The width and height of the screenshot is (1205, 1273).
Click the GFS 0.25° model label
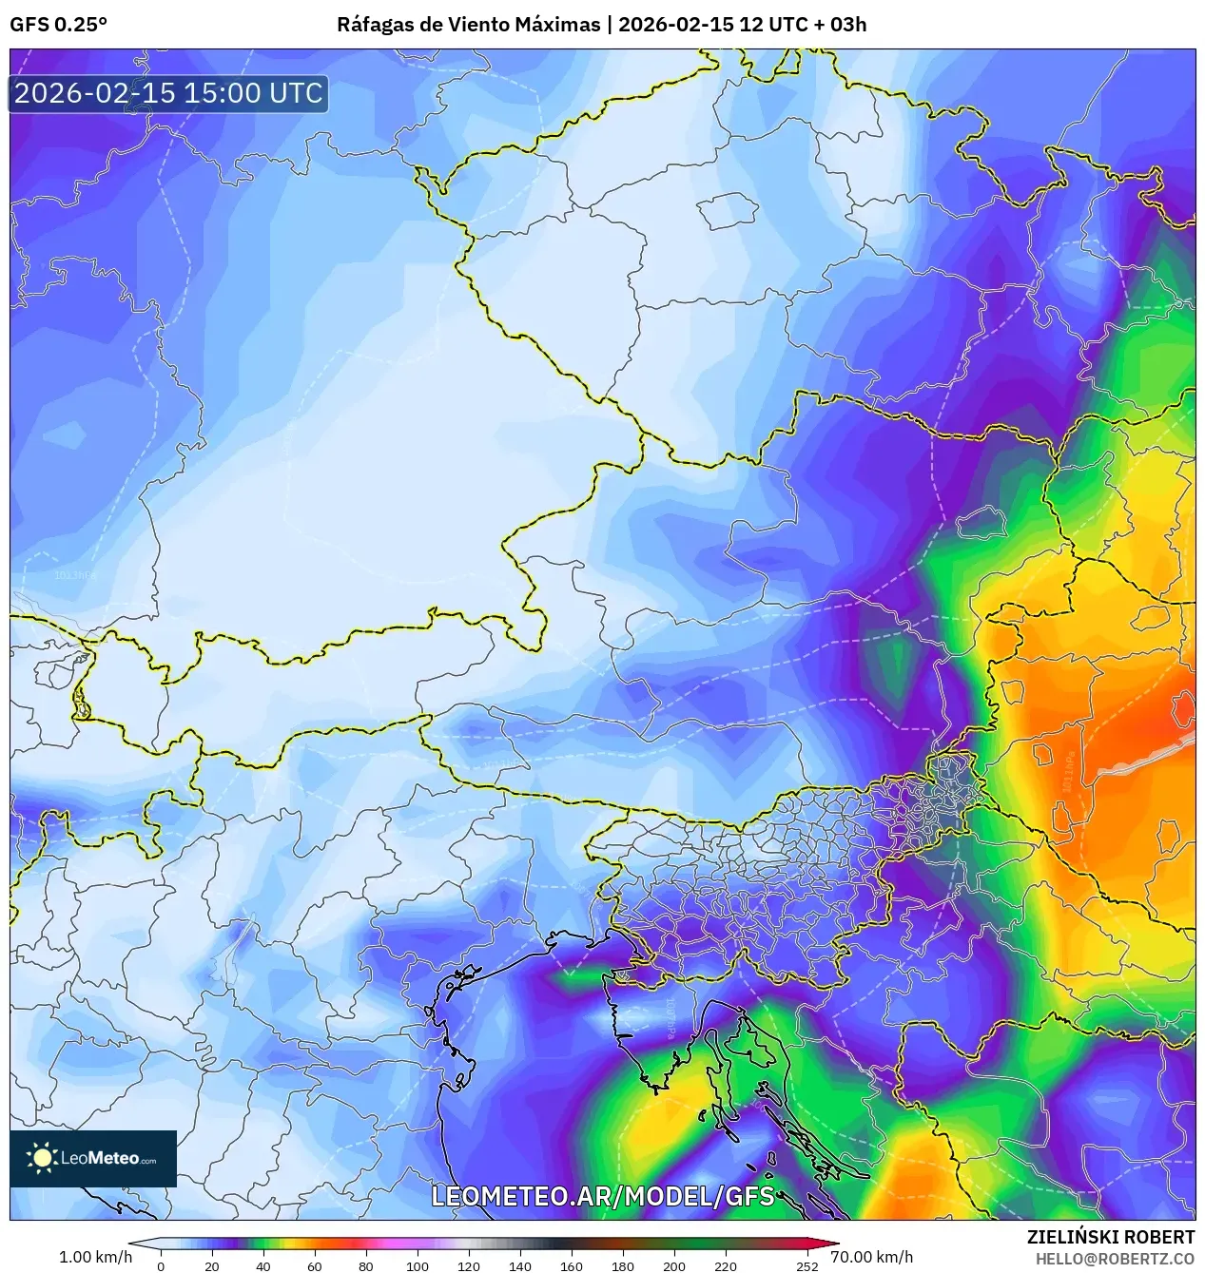[58, 25]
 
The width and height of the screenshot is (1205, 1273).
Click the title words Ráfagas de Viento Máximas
[468, 25]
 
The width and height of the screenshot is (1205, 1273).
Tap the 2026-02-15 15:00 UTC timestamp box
[168, 94]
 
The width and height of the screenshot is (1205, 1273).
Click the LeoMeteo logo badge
[93, 1158]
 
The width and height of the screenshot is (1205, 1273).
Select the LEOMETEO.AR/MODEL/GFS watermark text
[603, 1196]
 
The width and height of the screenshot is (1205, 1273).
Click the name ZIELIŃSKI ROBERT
[1110, 1237]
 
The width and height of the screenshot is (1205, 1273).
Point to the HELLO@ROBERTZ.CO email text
[1115, 1259]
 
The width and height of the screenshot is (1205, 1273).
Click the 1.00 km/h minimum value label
[95, 1257]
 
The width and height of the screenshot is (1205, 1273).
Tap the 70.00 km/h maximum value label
[871, 1257]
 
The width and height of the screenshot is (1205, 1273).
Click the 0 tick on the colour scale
[160, 1266]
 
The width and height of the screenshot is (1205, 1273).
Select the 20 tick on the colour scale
[211, 1266]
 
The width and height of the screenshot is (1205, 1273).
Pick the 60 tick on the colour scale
[314, 1266]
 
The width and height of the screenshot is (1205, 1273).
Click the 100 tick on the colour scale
[417, 1266]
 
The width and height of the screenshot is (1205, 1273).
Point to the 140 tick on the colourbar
[519, 1266]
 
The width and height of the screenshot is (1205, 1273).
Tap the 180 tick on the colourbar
[622, 1266]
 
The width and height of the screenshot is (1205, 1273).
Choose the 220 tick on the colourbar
[725, 1266]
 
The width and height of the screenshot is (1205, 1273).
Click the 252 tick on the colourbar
[807, 1266]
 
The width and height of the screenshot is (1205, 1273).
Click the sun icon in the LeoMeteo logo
[42, 1157]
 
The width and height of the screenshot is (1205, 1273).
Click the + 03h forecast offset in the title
[841, 25]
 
